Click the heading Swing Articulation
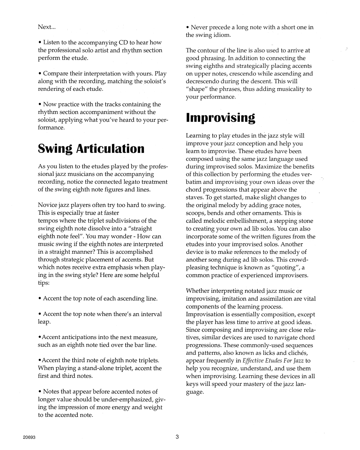(x=91, y=149)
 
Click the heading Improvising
(x=220, y=118)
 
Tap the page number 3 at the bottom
(x=177, y=437)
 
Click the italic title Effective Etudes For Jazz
(x=273, y=361)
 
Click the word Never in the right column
(x=200, y=27)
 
